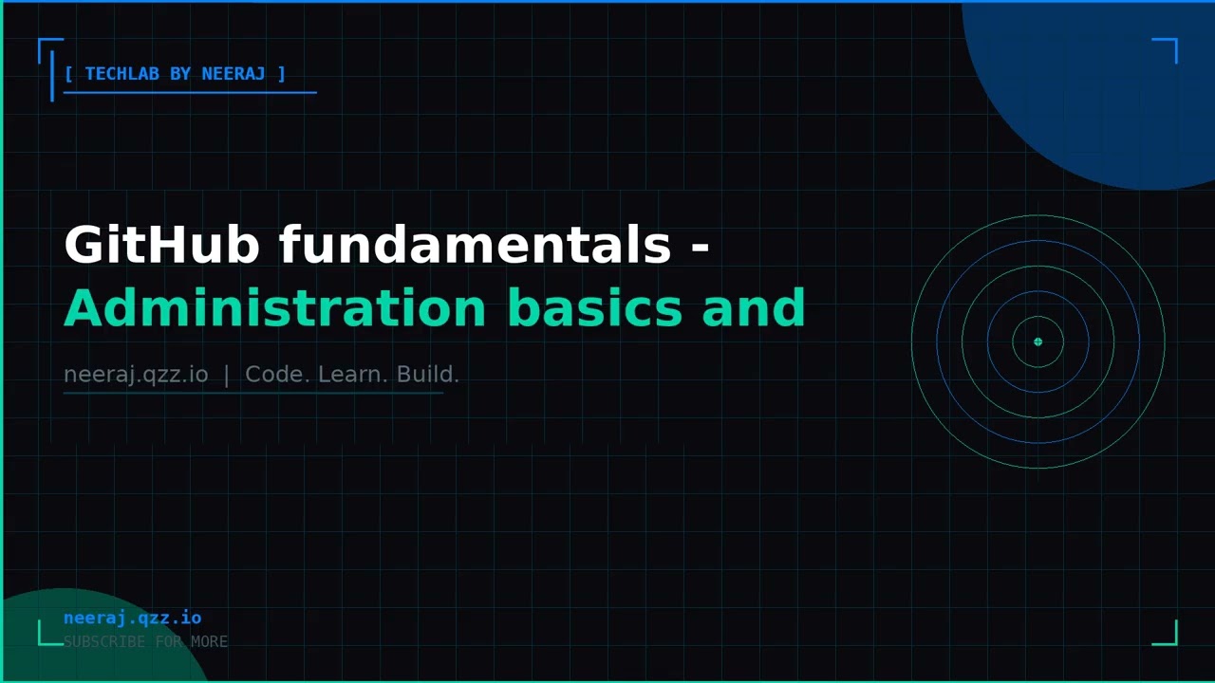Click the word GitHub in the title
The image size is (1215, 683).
[x=161, y=246]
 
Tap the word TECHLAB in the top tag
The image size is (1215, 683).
[x=122, y=74]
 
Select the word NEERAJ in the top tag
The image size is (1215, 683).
[x=234, y=74]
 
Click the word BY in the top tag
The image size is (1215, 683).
[x=180, y=74]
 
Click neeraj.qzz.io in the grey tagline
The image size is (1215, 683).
[x=136, y=375]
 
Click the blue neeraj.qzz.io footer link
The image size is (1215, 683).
[x=132, y=618]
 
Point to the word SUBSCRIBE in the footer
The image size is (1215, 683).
[x=104, y=642]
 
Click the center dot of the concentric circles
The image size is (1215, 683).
[x=1037, y=341]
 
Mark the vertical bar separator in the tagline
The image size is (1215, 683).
[x=226, y=375]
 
